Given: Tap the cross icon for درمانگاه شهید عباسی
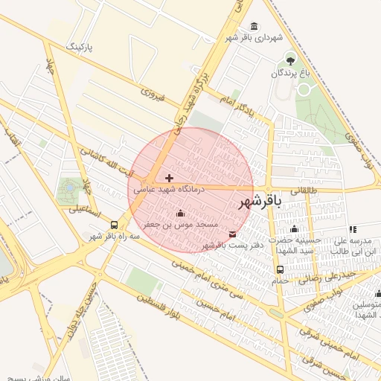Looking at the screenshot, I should coord(169,178).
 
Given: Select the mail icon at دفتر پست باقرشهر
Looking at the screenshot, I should coord(233,234).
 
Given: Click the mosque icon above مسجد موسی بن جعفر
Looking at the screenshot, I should coord(179,214).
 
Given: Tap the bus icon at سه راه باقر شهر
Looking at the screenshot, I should coord(114,225).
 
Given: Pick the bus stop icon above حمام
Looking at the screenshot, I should coord(280,270).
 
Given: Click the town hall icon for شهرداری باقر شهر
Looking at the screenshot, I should coord(255,27).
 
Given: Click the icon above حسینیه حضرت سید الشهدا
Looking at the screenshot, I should coord(294,229).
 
